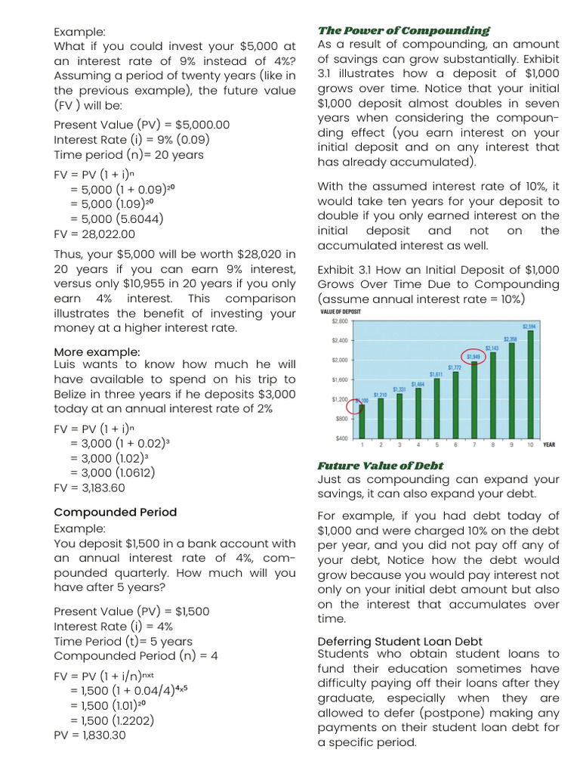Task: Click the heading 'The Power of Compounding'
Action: point(403,30)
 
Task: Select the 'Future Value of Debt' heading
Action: point(380,466)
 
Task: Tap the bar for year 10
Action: point(530,384)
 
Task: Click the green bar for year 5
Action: point(436,408)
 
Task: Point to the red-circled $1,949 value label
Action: point(473,356)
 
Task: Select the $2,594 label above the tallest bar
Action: point(530,325)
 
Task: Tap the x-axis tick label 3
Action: point(399,445)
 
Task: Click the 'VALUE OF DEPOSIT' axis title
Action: point(341,311)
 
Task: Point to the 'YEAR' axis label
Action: point(549,445)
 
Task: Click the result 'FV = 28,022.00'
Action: point(94,234)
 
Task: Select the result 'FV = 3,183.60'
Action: point(89,488)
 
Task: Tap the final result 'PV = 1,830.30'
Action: point(90,735)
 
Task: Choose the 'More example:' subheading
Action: point(97,352)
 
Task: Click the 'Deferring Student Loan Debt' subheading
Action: point(400,642)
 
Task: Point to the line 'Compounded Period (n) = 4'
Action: point(136,656)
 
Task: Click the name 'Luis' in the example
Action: point(66,364)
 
